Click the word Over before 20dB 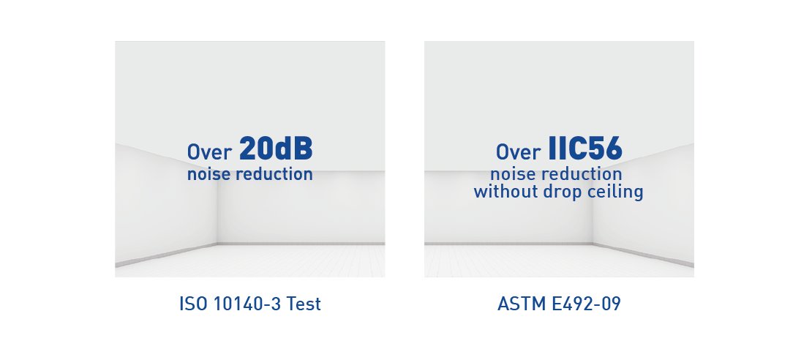coord(209,151)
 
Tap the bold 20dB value coord(276,149)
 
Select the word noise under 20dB coord(206,174)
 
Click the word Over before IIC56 coord(519,151)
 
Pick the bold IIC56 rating coord(585,149)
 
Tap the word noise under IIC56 coord(510,174)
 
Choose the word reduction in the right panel coord(579,174)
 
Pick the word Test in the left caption coord(304,304)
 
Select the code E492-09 coord(586,304)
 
